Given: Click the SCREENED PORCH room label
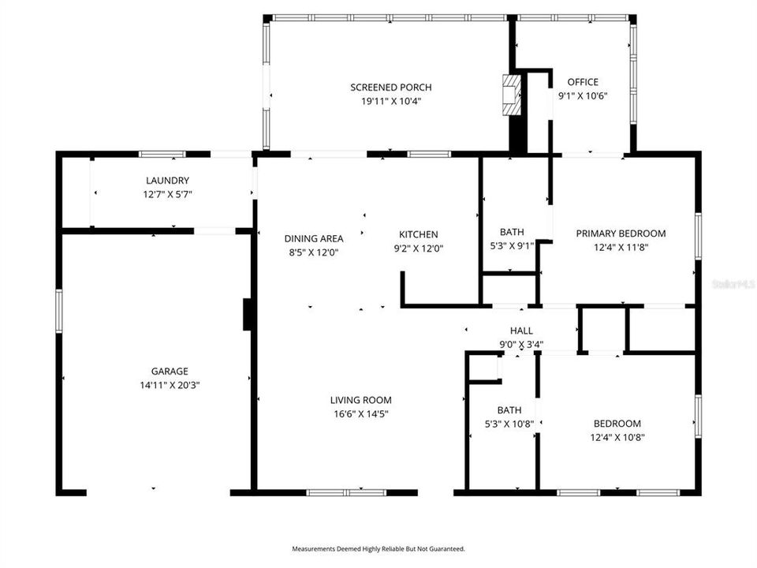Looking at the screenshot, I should [391, 88].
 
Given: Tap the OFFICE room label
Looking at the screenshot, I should [583, 82].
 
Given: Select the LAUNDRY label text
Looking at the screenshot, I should [167, 181].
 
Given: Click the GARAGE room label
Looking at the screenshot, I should [170, 371].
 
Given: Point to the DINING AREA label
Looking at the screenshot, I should [313, 238].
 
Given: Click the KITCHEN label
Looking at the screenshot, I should [418, 234].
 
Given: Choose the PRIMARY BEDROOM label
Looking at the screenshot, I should [621, 234].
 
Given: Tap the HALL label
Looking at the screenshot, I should [521, 331].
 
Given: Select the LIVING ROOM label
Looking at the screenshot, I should [360, 400].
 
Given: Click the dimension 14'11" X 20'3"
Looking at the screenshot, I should [170, 385].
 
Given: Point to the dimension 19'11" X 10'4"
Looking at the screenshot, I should [391, 101].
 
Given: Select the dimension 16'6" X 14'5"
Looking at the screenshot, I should [360, 413].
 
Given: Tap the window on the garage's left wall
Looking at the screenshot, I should [58, 311].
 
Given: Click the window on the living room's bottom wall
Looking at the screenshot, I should [346, 493].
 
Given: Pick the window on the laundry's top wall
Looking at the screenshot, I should [162, 154].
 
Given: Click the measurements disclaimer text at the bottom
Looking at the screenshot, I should [378, 548].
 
